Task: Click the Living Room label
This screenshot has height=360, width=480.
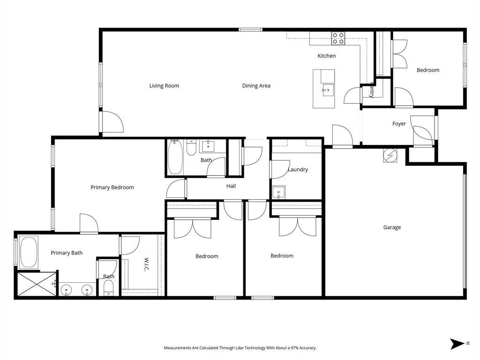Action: click(164, 86)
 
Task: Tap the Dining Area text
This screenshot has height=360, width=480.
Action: click(256, 86)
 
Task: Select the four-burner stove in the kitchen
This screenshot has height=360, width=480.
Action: click(338, 38)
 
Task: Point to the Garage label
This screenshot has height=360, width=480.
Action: click(392, 227)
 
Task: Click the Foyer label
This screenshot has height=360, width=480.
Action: click(399, 124)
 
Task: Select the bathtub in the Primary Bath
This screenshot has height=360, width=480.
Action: click(29, 253)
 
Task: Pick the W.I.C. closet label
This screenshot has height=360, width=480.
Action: click(147, 265)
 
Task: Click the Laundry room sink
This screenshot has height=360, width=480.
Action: click(278, 193)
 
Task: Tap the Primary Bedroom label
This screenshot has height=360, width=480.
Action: click(112, 187)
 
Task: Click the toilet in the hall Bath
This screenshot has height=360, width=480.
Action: click(191, 148)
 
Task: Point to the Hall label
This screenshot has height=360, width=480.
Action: click(231, 186)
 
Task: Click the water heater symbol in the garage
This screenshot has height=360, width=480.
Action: click(390, 156)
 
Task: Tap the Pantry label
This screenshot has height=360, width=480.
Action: click(372, 90)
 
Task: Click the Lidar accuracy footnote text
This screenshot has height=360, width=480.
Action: click(240, 348)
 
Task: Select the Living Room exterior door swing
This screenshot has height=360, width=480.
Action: click(112, 122)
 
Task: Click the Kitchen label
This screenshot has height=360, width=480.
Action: click(327, 56)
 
